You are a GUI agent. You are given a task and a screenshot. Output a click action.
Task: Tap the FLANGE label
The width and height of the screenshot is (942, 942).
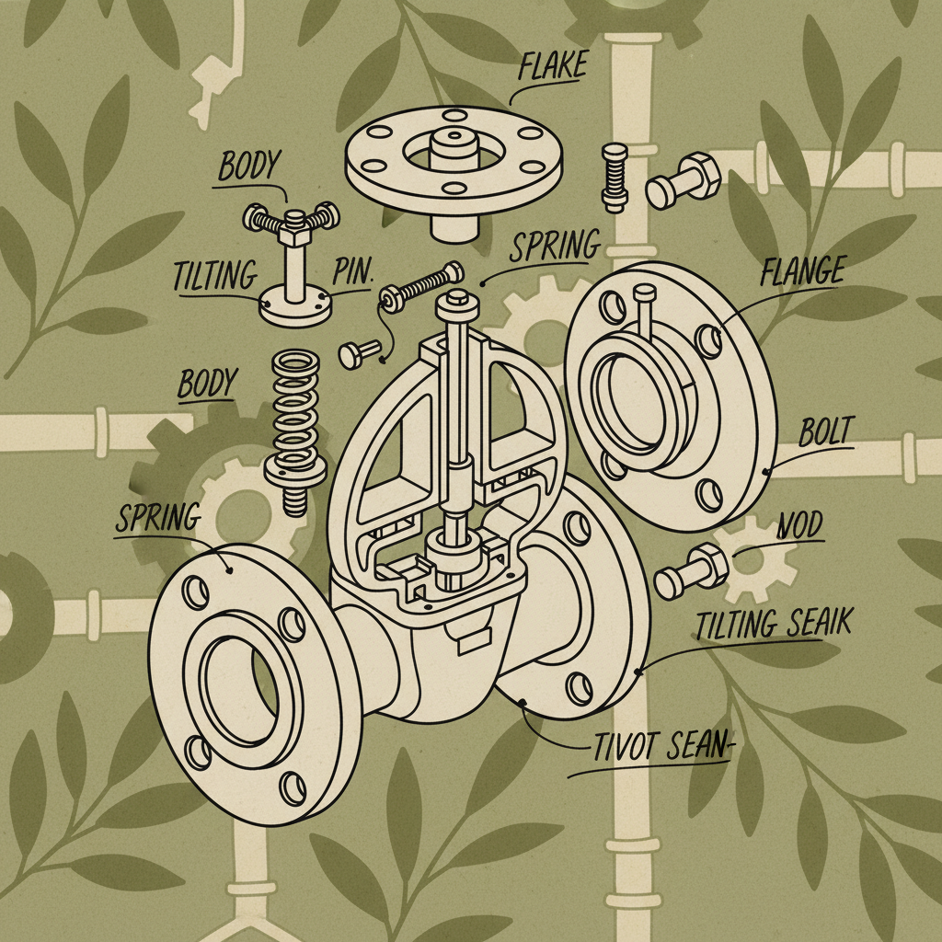click(803, 272)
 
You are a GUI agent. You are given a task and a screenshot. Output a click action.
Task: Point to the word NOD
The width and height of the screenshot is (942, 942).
click(799, 527)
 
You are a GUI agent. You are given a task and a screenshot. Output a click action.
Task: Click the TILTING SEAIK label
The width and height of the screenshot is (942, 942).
click(774, 625)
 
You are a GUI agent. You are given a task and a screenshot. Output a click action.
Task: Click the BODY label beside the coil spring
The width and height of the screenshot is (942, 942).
click(207, 384)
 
